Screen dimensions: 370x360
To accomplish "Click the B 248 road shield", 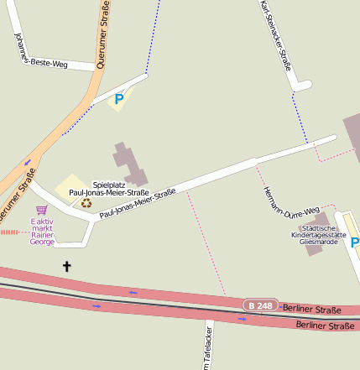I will (x=260, y=306).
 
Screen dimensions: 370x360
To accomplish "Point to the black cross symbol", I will (x=67, y=267).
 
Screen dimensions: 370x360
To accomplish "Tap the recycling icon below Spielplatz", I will (x=86, y=202).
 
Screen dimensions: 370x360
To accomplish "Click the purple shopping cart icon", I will (x=41, y=210).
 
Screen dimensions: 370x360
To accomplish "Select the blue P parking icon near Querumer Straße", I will (x=118, y=100).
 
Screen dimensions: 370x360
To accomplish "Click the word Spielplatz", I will (x=109, y=184).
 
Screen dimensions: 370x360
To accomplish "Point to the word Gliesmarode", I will (x=323, y=242).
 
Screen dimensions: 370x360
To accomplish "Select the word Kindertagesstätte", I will (x=323, y=235).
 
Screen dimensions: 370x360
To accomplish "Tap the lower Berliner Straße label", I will (x=326, y=326).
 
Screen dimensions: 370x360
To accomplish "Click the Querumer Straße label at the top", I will (x=103, y=38).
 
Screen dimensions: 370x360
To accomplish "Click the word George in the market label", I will (x=42, y=242).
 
